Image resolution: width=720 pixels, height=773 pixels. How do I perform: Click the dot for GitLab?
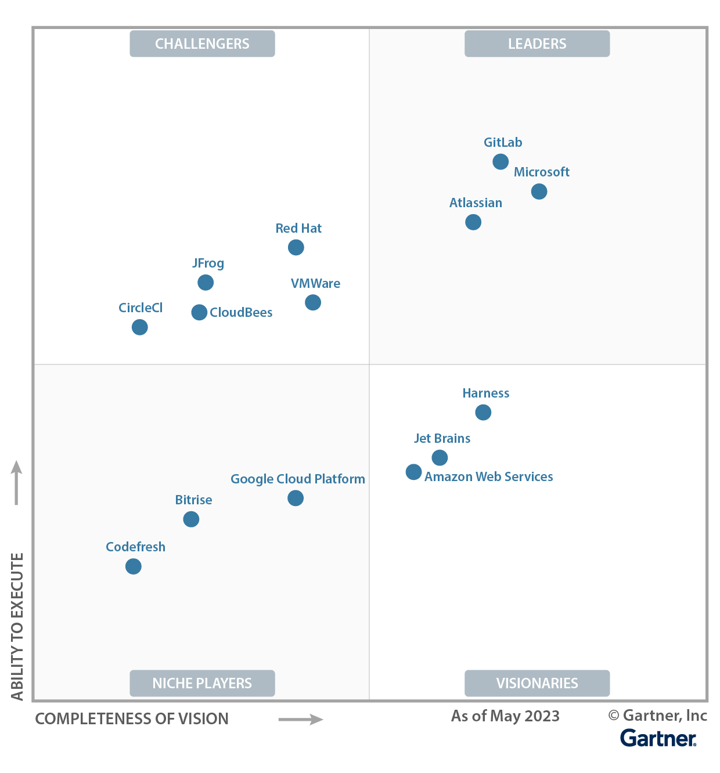point(501,161)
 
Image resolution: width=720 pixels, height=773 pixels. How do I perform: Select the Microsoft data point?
point(539,191)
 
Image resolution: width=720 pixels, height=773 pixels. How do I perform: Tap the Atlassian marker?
point(473,222)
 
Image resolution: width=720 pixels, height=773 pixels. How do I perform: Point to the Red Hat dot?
point(296,247)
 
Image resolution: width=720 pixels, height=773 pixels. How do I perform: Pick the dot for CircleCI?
point(139,327)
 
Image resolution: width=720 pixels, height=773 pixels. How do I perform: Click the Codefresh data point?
point(134,566)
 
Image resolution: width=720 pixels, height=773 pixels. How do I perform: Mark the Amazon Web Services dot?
point(413,472)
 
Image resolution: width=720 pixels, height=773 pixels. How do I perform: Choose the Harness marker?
point(483,412)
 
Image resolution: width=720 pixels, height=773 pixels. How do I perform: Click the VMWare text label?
point(315,283)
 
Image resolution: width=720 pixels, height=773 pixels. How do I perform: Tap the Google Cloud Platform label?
point(298,479)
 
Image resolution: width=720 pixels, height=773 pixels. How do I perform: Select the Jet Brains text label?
point(442,438)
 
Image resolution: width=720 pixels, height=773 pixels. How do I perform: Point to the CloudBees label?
point(241,312)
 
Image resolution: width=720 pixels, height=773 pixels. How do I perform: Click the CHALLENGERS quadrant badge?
point(202,44)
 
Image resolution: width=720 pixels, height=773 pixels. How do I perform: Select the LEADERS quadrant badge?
point(537,44)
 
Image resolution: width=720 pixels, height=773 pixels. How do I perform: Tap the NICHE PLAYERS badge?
point(202,683)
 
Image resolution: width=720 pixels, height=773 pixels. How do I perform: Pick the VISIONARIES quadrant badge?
point(537,683)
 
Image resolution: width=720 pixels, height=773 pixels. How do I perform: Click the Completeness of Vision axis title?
point(132,718)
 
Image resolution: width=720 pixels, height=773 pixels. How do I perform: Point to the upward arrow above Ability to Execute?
point(17,482)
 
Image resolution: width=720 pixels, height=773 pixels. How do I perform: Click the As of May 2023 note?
point(505,716)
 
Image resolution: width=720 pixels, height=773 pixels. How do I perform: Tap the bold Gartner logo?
point(658,738)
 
